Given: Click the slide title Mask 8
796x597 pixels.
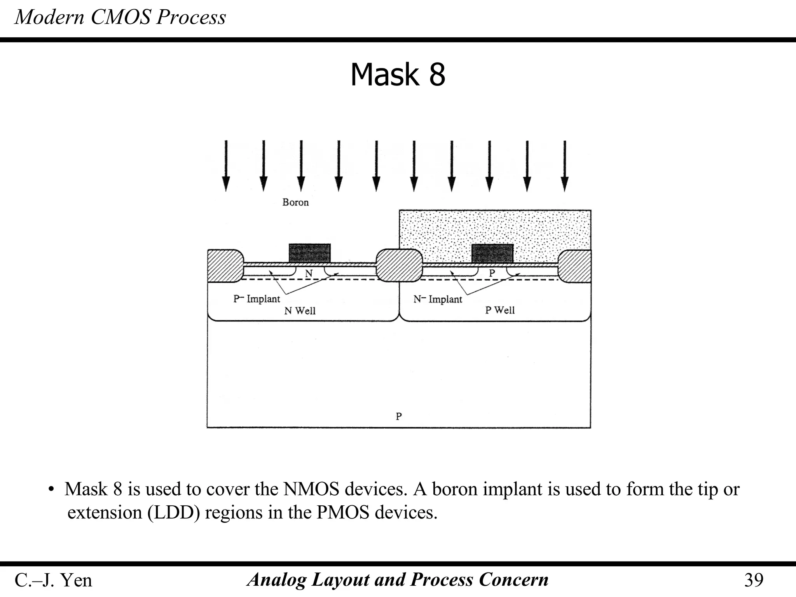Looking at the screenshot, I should click(398, 75).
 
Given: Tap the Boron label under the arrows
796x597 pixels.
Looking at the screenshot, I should click(295, 202).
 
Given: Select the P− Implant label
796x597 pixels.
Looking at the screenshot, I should click(257, 299).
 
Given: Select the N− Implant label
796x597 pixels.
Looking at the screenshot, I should click(438, 299).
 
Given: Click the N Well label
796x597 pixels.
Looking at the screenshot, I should click(300, 311).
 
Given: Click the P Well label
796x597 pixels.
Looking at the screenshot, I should click(500, 310).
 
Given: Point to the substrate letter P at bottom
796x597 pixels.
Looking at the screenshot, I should click(399, 416).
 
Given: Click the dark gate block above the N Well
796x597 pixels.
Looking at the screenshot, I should click(309, 253).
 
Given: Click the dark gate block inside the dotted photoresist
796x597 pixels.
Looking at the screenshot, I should click(492, 253).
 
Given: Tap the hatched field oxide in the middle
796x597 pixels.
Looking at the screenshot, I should click(399, 265).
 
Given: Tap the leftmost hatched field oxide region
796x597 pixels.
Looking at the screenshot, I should click(225, 265).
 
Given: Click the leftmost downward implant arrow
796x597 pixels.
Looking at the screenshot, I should click(226, 166).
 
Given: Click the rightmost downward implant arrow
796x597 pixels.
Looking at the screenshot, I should click(565, 166).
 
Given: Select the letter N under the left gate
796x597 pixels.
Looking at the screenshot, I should click(309, 274).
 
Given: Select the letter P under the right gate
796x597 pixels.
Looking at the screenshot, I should click(492, 273).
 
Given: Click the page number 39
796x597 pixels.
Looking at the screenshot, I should click(754, 580).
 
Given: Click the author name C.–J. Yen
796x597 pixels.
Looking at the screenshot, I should click(53, 580).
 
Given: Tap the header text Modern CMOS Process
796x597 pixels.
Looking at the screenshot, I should click(120, 17).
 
